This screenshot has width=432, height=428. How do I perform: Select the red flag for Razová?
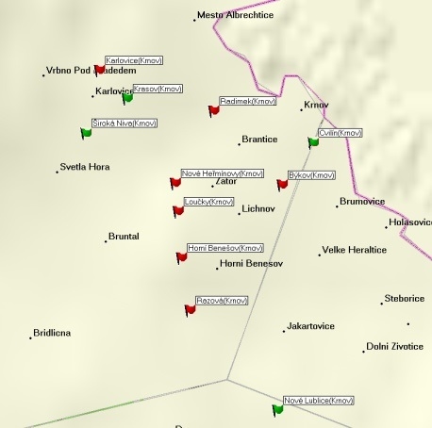click(x=190, y=308)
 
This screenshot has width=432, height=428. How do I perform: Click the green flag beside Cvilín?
click(x=313, y=142)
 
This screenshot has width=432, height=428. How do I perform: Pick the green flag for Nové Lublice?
click(x=277, y=409)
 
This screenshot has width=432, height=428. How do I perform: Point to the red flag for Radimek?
click(x=213, y=110)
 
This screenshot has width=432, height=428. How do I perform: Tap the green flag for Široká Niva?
click(x=86, y=133)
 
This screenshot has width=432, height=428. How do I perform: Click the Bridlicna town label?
click(x=51, y=333)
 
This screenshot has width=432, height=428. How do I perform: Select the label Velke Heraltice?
click(x=355, y=250)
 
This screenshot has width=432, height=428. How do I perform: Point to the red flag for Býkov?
click(x=281, y=185)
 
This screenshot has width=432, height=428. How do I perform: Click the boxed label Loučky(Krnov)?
click(x=209, y=202)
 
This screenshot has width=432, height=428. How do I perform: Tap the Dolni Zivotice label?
click(x=394, y=346)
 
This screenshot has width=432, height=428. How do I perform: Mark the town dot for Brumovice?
click(x=337, y=206)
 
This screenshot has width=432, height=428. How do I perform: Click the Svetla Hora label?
click(x=84, y=167)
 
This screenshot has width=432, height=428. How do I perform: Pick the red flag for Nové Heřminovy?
click(x=174, y=183)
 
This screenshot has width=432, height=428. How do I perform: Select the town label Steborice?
click(x=405, y=299)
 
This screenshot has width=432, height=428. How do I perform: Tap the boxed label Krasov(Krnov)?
click(x=157, y=89)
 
